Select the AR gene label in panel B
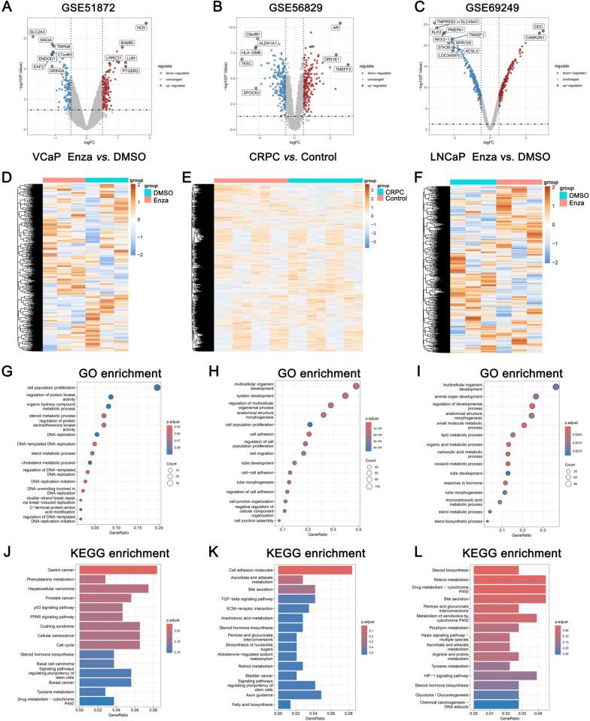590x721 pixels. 335,27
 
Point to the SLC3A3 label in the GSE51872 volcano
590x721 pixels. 37,32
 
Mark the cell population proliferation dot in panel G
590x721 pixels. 157,387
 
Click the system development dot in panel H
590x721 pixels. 345,395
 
